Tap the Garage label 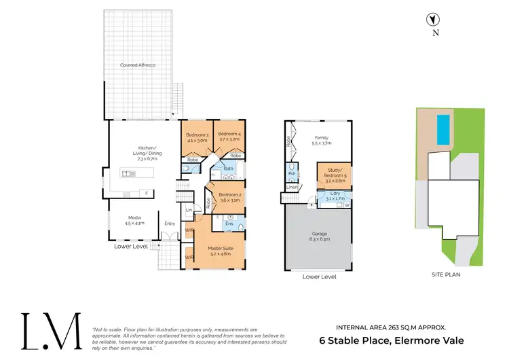click(318, 235)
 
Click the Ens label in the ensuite click(229, 223)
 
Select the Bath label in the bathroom click(229, 168)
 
